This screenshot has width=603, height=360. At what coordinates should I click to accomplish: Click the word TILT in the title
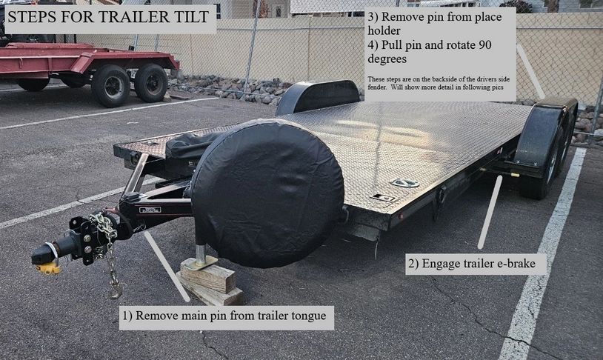190,16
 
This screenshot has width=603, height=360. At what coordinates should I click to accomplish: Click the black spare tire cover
267,193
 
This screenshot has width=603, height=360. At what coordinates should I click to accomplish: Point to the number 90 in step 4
485,45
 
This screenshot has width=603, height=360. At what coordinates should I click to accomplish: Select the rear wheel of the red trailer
150,83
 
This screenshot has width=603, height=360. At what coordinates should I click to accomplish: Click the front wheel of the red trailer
111,85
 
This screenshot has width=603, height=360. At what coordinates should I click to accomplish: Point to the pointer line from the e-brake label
490,212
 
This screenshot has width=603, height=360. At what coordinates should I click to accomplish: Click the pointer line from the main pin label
167,266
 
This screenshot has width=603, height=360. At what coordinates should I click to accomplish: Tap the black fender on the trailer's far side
318,96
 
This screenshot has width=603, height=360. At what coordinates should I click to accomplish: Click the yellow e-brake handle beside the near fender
515,176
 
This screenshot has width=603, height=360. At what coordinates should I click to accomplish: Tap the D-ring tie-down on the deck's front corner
404,183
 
